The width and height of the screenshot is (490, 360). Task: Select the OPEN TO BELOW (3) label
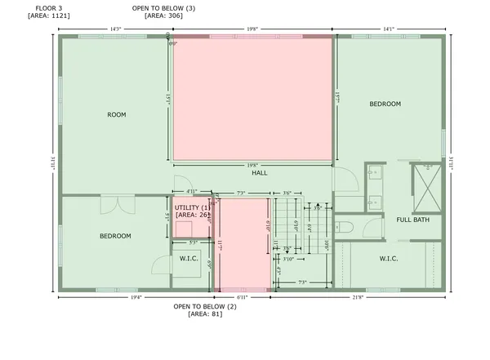163,7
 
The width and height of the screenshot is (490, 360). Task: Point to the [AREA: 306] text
163,16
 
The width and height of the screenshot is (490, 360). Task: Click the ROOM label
117,115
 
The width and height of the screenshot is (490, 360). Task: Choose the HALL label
260,173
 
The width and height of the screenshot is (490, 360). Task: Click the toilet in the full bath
345,225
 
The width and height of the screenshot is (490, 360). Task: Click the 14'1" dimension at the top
388,29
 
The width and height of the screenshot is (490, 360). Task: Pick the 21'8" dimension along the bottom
357,298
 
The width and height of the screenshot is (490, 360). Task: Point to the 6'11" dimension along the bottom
242,298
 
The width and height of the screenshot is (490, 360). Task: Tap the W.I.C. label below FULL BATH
388,259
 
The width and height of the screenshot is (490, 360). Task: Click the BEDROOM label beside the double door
115,237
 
